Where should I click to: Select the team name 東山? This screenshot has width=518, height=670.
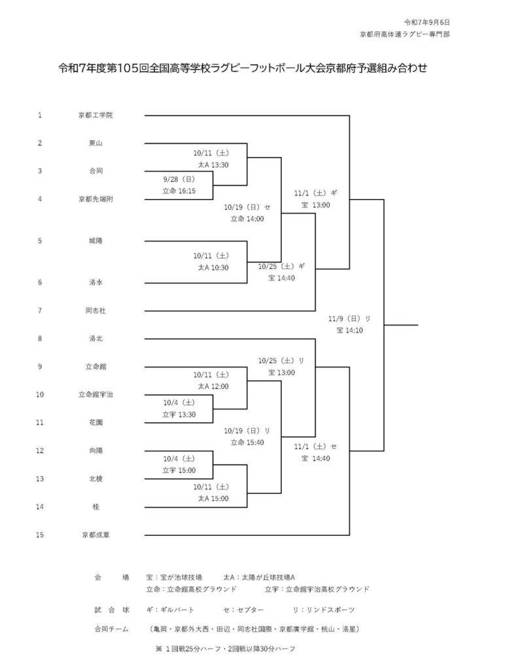tap(95, 143)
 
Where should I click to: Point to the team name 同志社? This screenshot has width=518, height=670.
tap(95, 310)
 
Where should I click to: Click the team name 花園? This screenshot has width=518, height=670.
tap(95, 422)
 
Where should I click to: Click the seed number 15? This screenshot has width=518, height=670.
tap(40, 535)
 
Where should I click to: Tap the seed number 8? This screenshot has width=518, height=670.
tap(40, 338)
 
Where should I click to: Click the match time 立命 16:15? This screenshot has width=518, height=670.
tap(179, 190)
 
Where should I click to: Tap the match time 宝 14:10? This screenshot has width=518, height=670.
tap(349, 331)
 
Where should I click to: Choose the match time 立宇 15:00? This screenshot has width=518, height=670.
tap(179, 470)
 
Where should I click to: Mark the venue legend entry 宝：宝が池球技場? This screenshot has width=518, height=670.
tap(174, 577)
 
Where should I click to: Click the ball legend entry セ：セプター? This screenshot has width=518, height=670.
tap(243, 610)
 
